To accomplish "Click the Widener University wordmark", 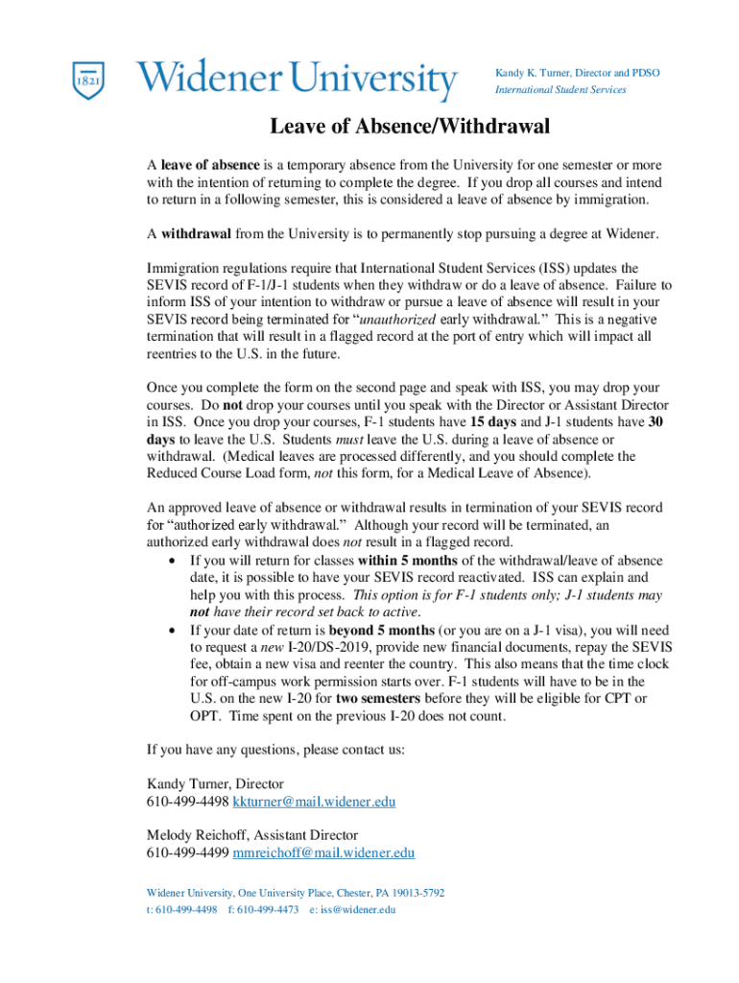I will click(298, 79).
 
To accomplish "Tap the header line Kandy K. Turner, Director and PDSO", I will click(577, 73).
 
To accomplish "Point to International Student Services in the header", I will click(560, 90).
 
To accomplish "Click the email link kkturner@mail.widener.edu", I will click(314, 802).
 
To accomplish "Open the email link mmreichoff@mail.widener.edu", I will click(323, 852).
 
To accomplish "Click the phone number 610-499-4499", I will click(187, 852).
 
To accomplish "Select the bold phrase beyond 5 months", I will click(381, 630).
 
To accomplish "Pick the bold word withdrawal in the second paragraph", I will click(197, 234).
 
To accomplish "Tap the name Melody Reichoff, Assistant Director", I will click(251, 835).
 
